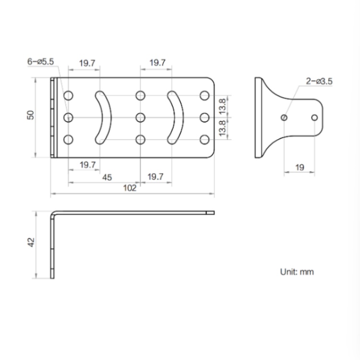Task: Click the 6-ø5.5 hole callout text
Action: [42, 62]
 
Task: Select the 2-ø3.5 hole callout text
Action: [319, 81]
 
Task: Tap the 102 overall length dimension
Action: [130, 188]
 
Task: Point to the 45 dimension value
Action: [107, 177]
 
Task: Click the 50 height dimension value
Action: [30, 115]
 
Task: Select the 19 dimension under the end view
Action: [300, 168]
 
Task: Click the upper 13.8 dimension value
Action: [221, 106]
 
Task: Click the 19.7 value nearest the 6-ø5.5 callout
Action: [87, 63]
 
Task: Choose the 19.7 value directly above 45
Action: [87, 165]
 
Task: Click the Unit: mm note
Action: [297, 272]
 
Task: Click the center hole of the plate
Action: [140, 117]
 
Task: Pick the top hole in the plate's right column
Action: [204, 95]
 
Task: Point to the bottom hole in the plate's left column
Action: [68, 140]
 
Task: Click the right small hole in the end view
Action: [314, 117]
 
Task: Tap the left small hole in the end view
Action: [285, 117]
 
